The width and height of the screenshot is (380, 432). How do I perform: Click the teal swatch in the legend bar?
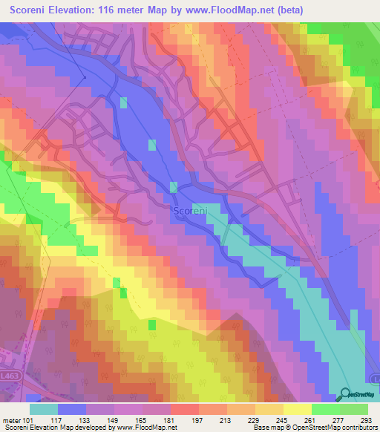pyautogui.click(x=44, y=409)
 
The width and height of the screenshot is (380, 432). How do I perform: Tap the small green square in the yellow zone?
pyautogui.click(x=151, y=324)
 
